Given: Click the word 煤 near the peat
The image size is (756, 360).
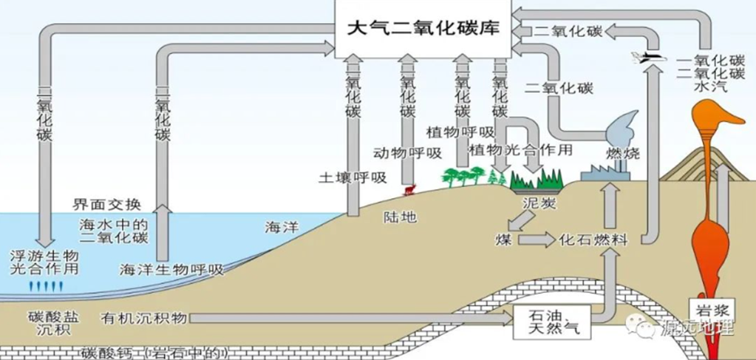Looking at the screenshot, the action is pyautogui.click(x=503, y=240).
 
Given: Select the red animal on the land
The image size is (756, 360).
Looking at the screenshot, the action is pyautogui.click(x=408, y=190).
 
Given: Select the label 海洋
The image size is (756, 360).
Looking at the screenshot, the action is pyautogui.click(x=281, y=228).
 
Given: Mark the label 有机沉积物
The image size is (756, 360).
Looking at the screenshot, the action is pyautogui.click(x=143, y=319).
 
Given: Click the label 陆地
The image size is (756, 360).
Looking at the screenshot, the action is pyautogui.click(x=400, y=217).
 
